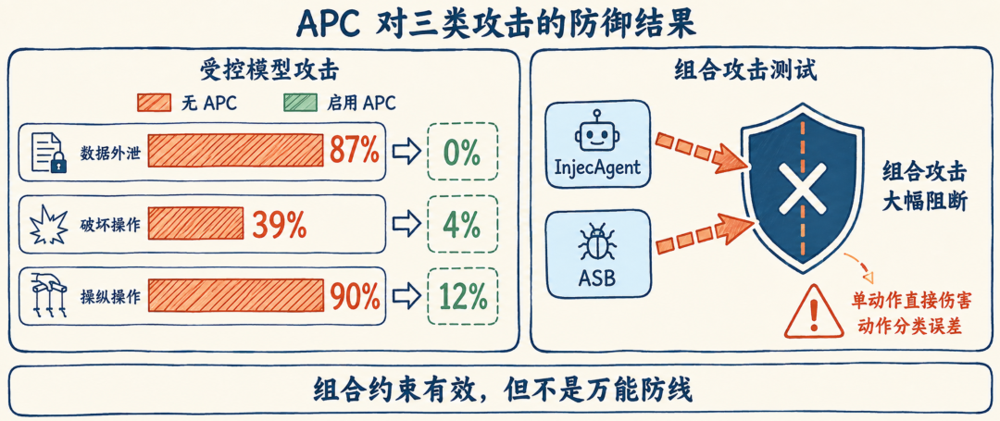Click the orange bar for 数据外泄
[236, 150]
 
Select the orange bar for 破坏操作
[195, 223]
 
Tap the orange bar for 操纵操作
[236, 296]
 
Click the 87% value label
[355, 151]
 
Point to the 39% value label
[280, 224]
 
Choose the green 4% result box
[462, 224]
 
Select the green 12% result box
[462, 296]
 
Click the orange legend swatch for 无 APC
[155, 103]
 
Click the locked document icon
[49, 153]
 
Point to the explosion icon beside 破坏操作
[49, 224]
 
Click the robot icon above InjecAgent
[597, 131]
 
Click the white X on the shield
[796, 189]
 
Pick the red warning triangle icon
[813, 311]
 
